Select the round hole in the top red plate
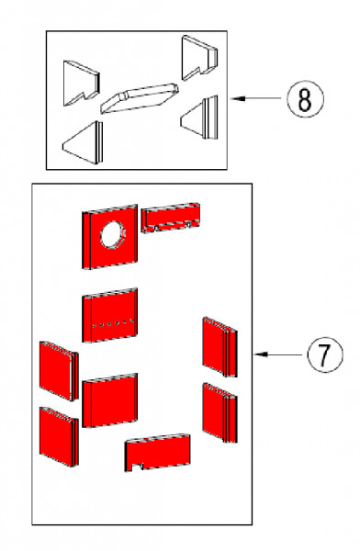pyautogui.click(x=114, y=234)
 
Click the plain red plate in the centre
pyautogui.click(x=110, y=400)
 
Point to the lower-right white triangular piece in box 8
pyautogui.click(x=201, y=118)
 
